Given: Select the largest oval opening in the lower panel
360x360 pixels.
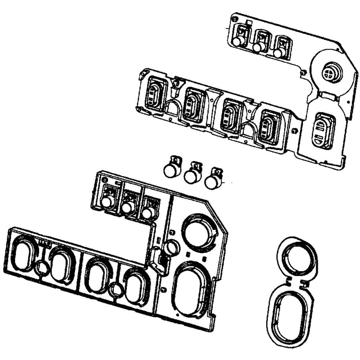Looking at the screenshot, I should tap(190, 288).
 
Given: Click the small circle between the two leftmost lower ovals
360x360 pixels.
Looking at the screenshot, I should tap(42, 267).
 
